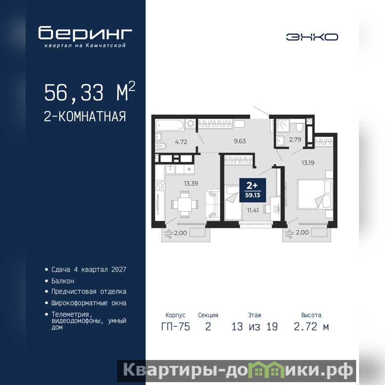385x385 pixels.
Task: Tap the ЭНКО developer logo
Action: (312, 37)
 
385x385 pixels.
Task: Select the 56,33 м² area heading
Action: (90, 92)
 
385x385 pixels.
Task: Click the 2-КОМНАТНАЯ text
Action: (85, 116)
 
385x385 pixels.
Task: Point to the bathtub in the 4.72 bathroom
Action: (170, 125)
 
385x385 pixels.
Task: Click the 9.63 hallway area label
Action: (240, 141)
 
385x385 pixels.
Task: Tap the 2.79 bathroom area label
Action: (295, 140)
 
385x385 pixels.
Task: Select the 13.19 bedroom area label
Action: (308, 163)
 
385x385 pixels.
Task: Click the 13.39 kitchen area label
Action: (191, 183)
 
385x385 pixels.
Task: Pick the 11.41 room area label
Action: (253, 210)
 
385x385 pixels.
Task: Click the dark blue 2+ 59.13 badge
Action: (253, 190)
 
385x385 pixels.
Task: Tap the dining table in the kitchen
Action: (185, 204)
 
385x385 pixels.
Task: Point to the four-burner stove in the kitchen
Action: (160, 185)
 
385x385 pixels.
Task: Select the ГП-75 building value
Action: (176, 327)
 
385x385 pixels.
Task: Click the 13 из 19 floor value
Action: (255, 327)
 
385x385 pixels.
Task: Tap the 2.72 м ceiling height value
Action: (311, 327)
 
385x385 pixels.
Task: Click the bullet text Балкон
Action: (63, 281)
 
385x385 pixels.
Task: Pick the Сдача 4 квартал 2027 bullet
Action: (89, 269)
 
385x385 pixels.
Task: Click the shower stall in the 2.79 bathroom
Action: (283, 126)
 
